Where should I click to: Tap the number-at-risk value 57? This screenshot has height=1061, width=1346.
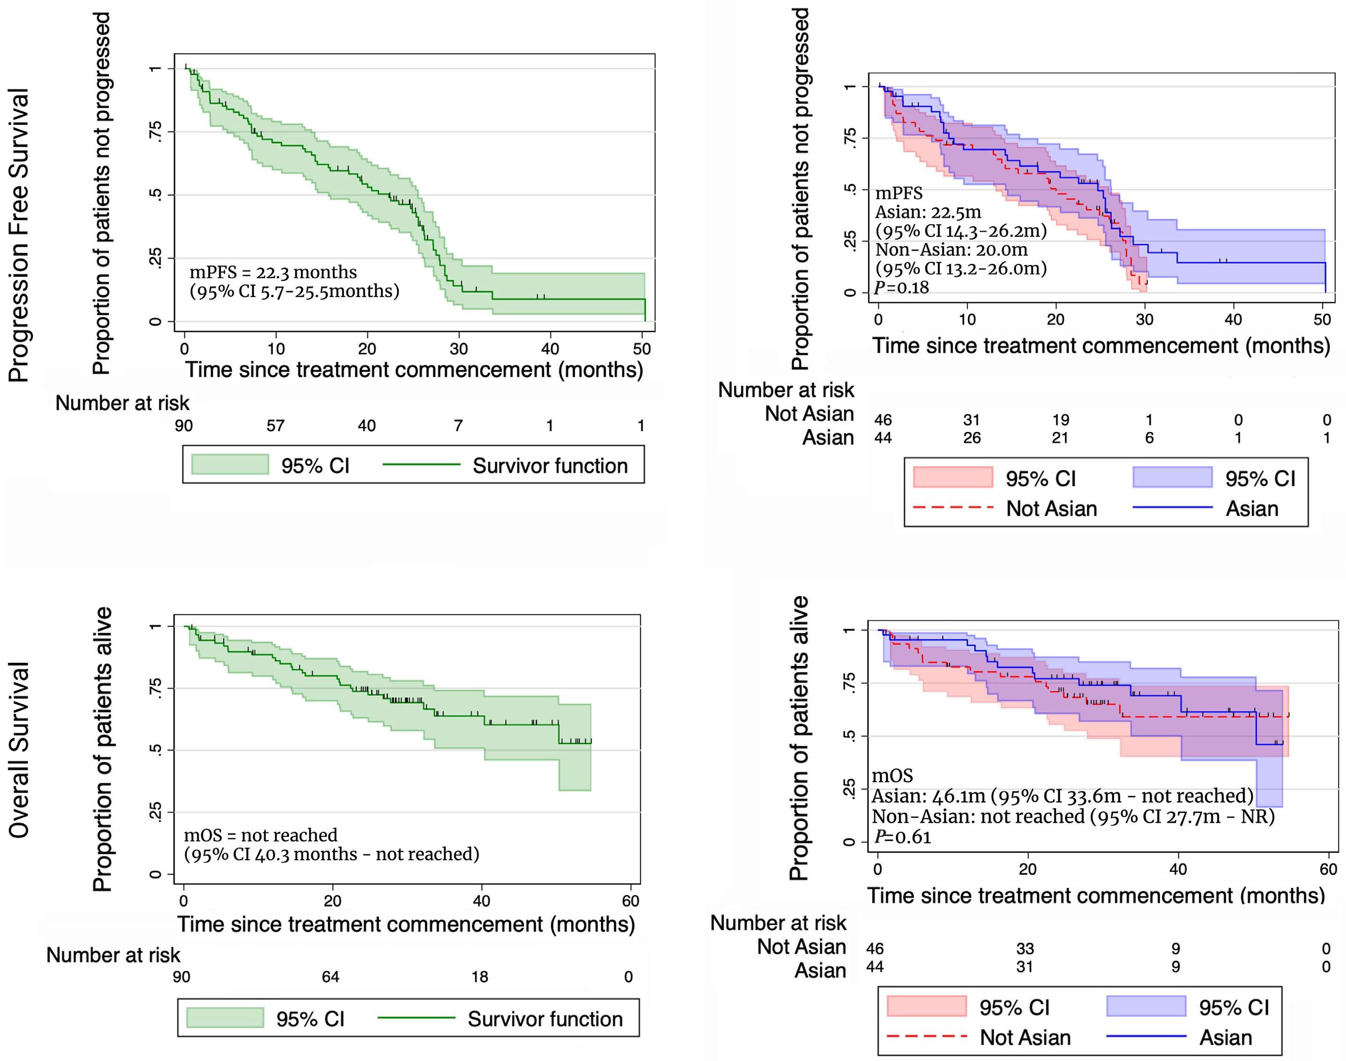point(275,425)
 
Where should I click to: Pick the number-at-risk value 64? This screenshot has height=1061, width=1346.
point(331,977)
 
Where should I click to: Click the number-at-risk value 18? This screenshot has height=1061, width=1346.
point(479,977)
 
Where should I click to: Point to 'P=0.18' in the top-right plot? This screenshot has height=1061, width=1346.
point(902,287)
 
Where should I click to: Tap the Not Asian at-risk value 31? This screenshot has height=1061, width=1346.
point(971,420)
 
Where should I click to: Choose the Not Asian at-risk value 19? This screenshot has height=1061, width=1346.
point(1060,420)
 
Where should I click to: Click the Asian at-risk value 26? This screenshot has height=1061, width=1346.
point(971,438)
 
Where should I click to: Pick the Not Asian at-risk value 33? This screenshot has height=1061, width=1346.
point(1025,948)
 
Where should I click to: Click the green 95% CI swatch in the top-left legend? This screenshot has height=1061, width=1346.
point(230,465)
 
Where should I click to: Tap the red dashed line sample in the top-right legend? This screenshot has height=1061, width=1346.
point(953,508)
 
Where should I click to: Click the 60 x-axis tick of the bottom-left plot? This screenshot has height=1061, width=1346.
point(630,901)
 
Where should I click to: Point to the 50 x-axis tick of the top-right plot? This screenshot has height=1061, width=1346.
point(1322,320)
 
